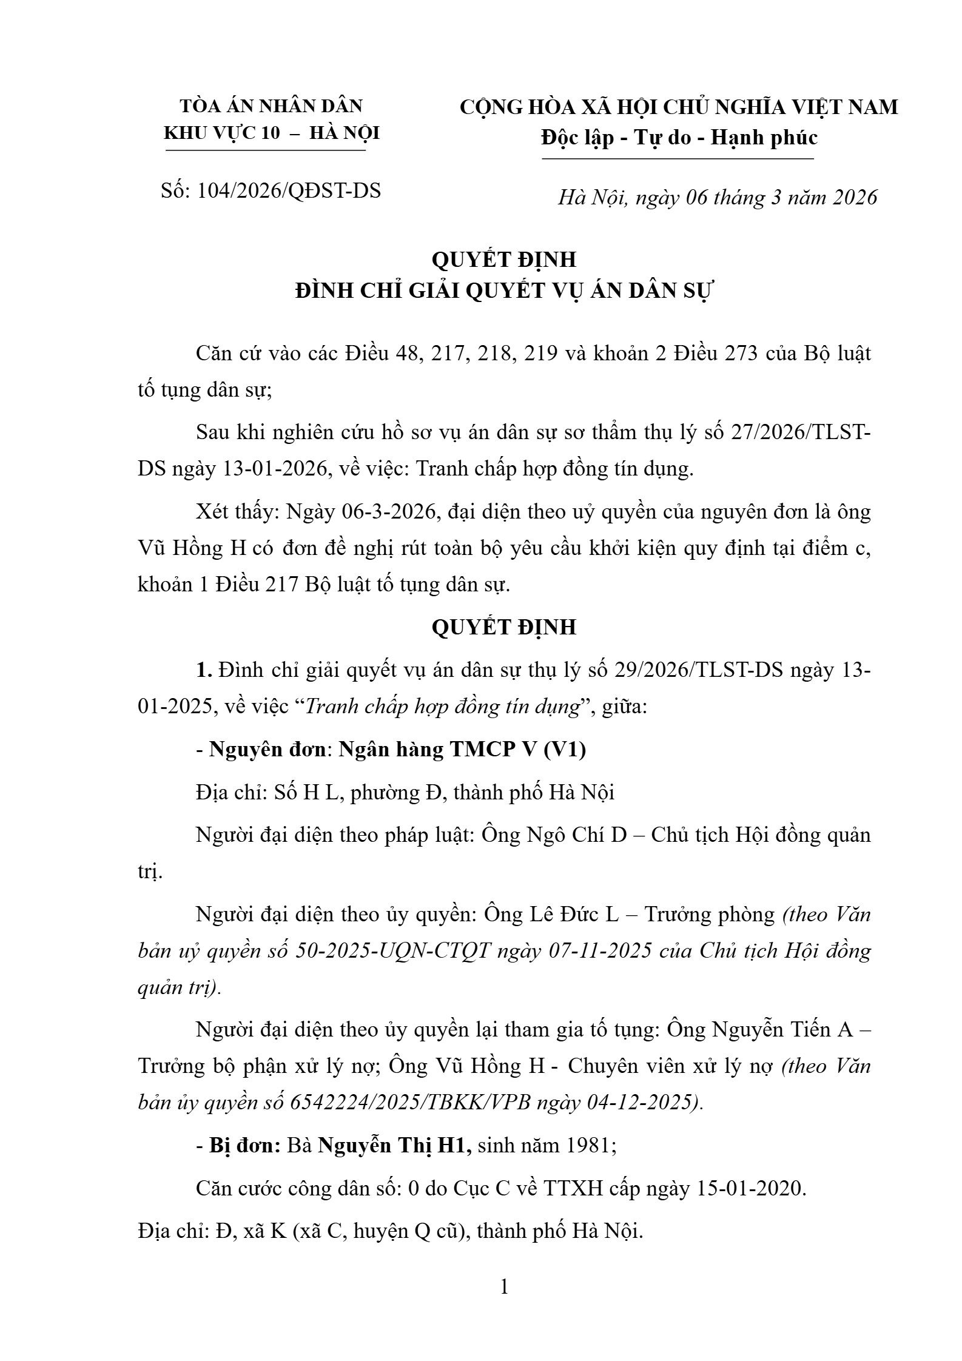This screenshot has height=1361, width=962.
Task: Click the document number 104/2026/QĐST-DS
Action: click(289, 191)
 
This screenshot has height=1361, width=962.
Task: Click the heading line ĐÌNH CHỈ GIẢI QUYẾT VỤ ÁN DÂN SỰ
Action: click(504, 291)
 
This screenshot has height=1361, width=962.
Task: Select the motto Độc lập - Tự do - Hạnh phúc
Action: click(679, 138)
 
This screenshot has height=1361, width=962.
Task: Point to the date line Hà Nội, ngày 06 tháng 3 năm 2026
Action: click(718, 198)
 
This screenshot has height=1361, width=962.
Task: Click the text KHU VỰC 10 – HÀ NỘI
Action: click(272, 133)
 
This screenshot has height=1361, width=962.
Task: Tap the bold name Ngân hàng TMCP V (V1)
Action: click(462, 750)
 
